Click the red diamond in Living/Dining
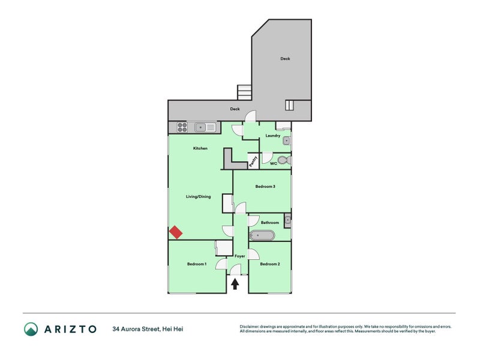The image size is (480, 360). click(x=176, y=232)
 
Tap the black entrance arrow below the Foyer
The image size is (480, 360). click(x=235, y=284)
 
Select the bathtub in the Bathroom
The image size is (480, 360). click(x=262, y=235)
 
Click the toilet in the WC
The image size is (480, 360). click(x=287, y=160)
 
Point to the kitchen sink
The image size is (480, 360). click(x=205, y=127)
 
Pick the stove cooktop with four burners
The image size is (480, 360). click(x=181, y=127)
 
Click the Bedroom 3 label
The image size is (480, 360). click(x=265, y=187)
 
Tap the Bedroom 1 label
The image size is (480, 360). click(x=196, y=264)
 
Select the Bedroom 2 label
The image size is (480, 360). click(x=269, y=264)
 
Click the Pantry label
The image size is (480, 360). click(x=253, y=160)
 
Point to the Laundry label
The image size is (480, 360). click(x=273, y=136)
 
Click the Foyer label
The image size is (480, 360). click(x=239, y=256)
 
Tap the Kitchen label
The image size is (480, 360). click(x=200, y=148)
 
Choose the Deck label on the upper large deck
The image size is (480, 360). click(x=285, y=59)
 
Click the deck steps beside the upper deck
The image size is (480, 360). click(x=244, y=92)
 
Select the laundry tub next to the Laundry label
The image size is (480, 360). click(x=287, y=141)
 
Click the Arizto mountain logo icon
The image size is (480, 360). click(x=31, y=329)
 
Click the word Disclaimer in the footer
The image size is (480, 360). click(x=251, y=326)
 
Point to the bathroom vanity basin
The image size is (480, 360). click(x=288, y=220)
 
